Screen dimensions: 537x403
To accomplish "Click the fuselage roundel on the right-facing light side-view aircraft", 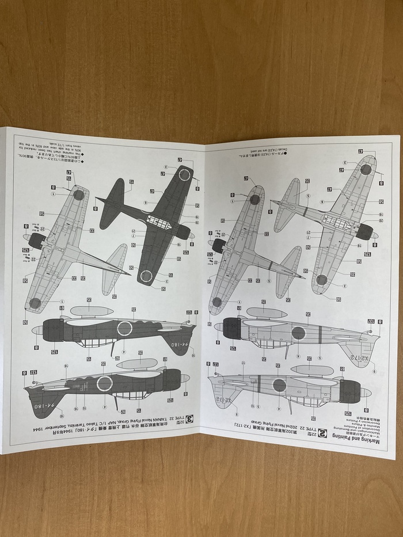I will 298,332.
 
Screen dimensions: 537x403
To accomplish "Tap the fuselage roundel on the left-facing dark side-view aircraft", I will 104,383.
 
